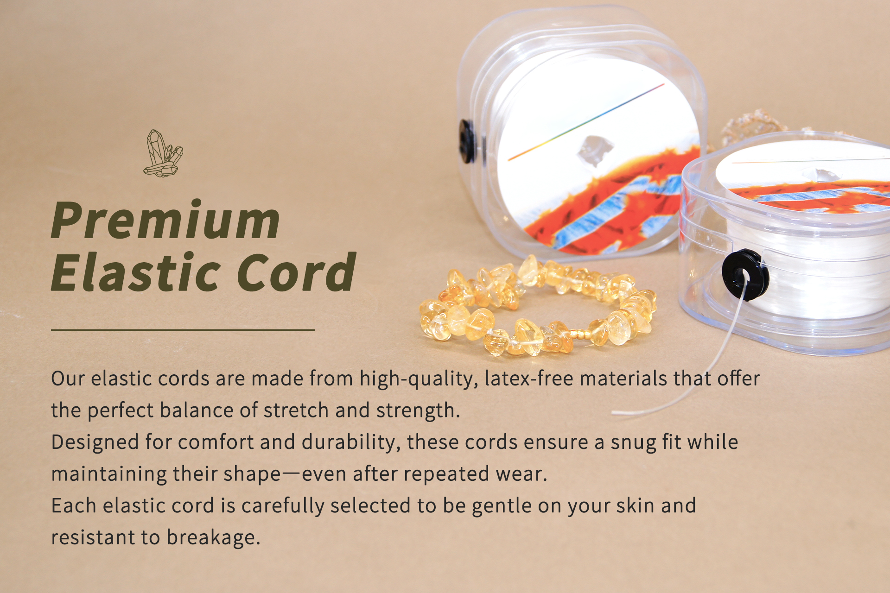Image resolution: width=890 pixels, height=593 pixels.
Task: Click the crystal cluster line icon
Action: [163, 153]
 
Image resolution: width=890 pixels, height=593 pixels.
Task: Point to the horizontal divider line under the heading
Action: [183, 330]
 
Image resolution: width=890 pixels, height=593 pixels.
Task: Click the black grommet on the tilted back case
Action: [467, 141]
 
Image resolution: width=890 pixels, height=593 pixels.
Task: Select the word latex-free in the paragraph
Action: [529, 379]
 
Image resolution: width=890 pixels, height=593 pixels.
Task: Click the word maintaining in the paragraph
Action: [109, 474]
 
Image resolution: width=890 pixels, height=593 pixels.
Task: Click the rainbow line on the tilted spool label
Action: [586, 122]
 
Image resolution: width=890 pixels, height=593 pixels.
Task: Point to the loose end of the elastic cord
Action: [613, 412]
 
